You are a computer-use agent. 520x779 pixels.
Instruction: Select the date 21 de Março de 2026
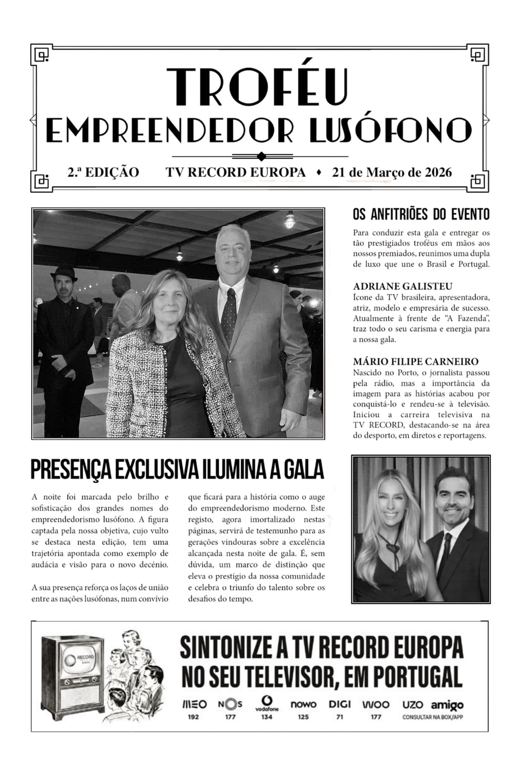point(392,172)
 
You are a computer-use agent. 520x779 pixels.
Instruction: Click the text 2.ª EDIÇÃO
point(103,172)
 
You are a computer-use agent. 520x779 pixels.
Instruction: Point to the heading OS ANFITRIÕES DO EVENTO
point(421,214)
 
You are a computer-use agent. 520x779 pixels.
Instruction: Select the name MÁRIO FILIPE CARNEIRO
point(416,361)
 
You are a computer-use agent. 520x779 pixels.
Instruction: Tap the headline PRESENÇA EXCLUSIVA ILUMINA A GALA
point(177,469)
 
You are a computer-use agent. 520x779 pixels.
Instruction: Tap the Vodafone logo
point(266,703)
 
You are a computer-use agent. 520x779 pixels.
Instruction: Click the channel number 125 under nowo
point(303,717)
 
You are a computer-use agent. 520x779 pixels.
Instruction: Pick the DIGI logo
point(340,705)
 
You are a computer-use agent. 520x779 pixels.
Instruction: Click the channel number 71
point(340,717)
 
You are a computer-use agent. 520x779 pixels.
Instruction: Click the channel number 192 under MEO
point(193,717)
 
